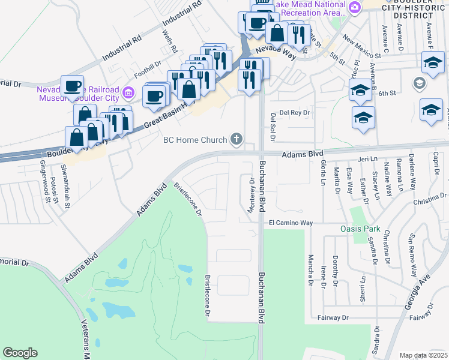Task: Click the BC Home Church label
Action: tap(194, 140)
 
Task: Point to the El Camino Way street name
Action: tap(291, 223)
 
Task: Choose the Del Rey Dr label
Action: tap(294, 112)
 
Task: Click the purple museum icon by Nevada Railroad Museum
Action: tap(127, 92)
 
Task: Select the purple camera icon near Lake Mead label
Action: tap(355, 7)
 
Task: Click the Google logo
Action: tap(20, 352)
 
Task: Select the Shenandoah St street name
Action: tap(67, 193)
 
